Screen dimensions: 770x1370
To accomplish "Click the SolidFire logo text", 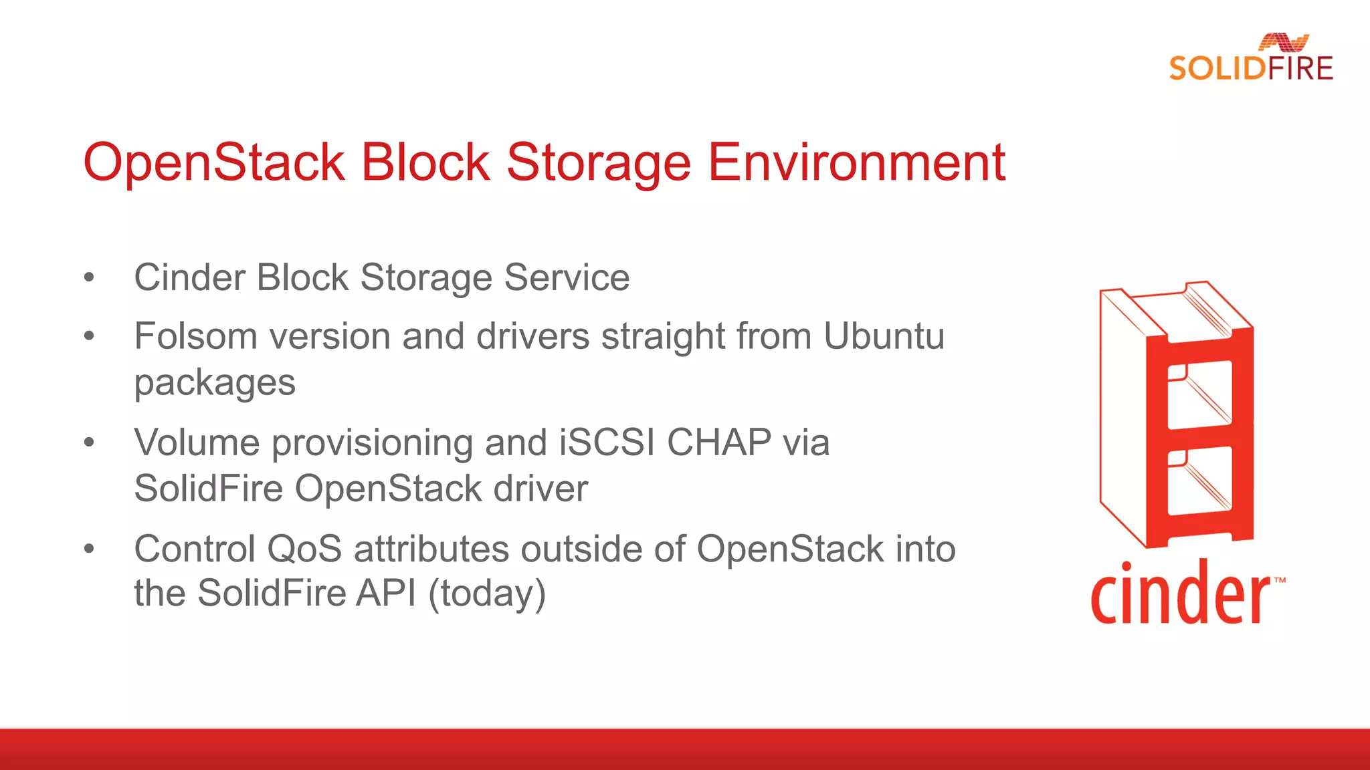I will coord(1250,68).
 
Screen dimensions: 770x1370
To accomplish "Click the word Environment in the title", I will coord(856,162).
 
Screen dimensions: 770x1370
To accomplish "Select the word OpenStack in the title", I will coord(213,162).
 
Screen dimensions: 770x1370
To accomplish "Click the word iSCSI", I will coord(607,442).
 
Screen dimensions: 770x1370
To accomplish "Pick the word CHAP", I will coord(719,442).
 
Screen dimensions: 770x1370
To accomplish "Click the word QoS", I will coord(304,549).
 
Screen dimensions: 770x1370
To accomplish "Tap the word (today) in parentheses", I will coord(487,594).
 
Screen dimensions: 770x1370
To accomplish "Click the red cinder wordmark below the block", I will coord(1180,594).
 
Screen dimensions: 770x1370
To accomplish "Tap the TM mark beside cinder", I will coord(1279,580).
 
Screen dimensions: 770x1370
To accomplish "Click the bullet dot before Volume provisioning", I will coord(89,442).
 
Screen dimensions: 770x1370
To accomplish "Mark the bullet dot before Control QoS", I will coord(89,549).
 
